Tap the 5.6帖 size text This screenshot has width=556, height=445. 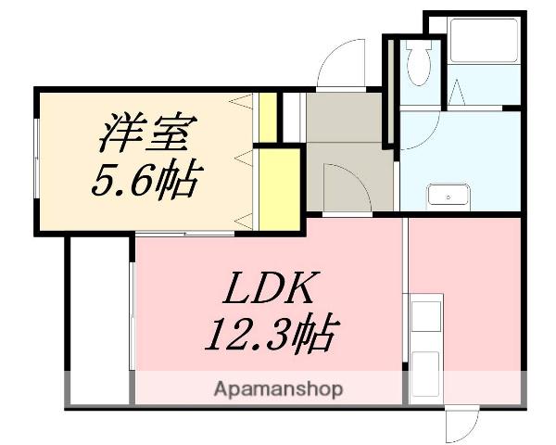[144, 178]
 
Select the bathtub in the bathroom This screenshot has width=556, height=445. [485, 42]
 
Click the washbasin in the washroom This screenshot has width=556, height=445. [449, 197]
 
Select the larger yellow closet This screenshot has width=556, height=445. [279, 188]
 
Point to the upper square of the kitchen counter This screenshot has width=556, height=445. [427, 314]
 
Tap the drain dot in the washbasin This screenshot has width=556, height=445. [449, 197]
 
